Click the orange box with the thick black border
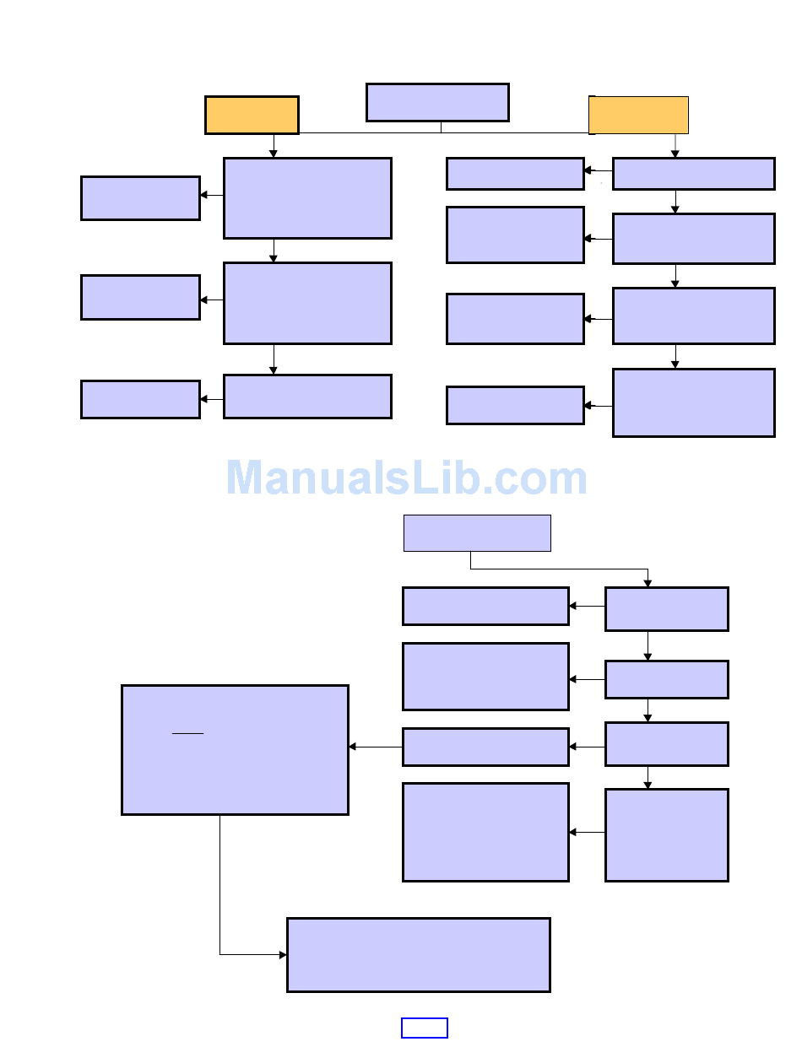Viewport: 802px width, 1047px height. [x=252, y=115]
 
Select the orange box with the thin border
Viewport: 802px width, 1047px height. [x=638, y=115]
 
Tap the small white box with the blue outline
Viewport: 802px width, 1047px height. [x=424, y=1028]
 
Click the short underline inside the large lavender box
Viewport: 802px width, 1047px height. [x=187, y=733]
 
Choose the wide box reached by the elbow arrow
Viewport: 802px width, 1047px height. [x=418, y=954]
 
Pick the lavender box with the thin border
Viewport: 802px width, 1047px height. [x=477, y=533]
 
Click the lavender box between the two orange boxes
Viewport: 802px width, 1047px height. [x=437, y=102]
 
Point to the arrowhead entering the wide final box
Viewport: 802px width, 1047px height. [x=283, y=954]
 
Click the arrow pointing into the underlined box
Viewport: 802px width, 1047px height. [x=353, y=747]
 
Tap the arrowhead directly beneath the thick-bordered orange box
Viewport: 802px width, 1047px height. [x=273, y=154]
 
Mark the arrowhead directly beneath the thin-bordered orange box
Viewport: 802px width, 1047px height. [x=675, y=154]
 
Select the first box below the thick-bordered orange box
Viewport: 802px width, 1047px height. [x=307, y=197]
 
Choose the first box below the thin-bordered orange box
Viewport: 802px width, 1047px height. [x=693, y=173]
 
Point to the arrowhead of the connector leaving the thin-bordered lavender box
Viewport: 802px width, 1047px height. [x=648, y=582]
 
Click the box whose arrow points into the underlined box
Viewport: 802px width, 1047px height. [x=485, y=747]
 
